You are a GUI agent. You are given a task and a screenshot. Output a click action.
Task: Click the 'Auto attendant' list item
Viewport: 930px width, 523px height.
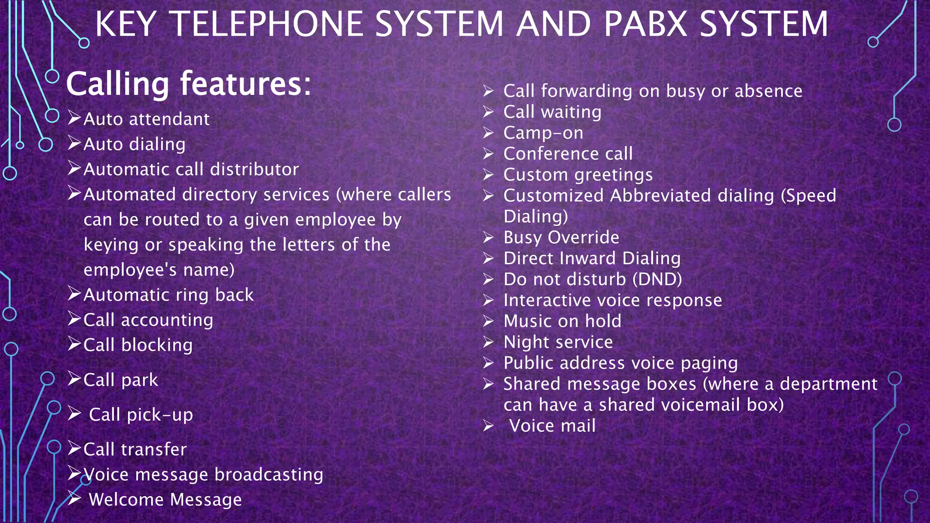click(146, 119)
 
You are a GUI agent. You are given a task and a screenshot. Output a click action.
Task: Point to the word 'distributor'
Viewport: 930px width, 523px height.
click(254, 169)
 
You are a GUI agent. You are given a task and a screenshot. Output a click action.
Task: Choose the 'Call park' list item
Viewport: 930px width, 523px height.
click(121, 380)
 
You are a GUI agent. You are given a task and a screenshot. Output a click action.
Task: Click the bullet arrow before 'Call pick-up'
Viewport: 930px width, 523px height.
click(74, 414)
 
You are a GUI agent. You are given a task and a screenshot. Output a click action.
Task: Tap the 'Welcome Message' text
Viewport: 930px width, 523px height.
click(165, 500)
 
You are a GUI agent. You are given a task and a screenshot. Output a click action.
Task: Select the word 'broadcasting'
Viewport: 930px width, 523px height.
click(269, 474)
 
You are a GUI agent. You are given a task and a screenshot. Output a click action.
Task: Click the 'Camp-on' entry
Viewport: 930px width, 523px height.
click(543, 133)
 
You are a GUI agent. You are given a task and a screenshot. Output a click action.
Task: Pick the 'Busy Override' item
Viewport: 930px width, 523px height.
click(561, 237)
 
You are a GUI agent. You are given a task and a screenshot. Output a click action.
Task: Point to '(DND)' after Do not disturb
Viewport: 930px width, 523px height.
click(657, 279)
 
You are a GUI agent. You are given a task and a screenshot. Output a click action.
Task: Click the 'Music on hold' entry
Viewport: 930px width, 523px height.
click(562, 321)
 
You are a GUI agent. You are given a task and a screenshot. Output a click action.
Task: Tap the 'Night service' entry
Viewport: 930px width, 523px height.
click(558, 342)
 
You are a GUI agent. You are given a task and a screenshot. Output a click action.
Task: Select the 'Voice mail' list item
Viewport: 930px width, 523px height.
click(552, 426)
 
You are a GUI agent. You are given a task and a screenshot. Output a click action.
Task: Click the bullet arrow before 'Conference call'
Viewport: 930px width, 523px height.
click(488, 154)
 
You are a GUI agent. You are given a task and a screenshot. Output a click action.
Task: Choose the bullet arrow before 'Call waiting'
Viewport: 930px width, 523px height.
click(488, 112)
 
